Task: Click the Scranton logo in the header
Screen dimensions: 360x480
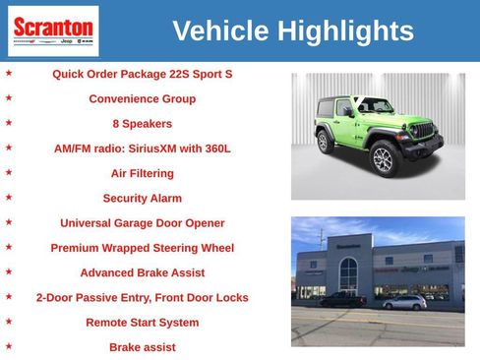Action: (x=53, y=30)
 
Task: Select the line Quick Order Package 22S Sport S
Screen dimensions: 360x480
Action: (x=142, y=74)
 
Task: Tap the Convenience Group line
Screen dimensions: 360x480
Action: (x=142, y=98)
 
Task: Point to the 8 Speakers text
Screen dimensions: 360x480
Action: (x=142, y=124)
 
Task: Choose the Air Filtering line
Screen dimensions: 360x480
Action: (x=142, y=173)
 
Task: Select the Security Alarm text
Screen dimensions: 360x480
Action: (x=142, y=198)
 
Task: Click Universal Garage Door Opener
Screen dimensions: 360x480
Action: (x=142, y=223)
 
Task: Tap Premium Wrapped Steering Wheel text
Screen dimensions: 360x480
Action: (x=142, y=248)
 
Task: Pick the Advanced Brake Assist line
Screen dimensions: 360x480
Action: (x=142, y=272)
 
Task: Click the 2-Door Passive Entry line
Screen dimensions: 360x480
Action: (x=142, y=297)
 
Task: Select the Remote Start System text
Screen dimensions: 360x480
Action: (x=142, y=323)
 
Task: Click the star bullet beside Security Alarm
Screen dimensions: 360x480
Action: (x=9, y=197)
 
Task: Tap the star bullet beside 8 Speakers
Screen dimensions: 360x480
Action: (x=9, y=123)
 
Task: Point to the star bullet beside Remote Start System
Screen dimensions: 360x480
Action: (x=9, y=322)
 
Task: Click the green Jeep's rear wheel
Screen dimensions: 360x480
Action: (x=325, y=142)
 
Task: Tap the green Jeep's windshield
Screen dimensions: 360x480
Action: (x=374, y=105)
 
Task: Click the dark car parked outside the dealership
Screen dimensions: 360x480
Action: (x=341, y=299)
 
